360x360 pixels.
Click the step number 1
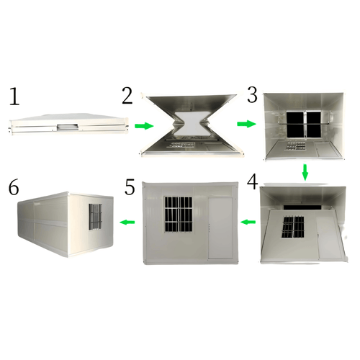14,96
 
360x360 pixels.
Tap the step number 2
127,96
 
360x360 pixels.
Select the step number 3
252,95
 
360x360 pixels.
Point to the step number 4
253,181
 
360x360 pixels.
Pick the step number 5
130,186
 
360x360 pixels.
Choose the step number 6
14,187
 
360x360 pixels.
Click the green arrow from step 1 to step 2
144,126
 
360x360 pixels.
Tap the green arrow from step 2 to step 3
246,124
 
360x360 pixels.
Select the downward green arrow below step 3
305,172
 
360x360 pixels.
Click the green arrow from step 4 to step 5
248,222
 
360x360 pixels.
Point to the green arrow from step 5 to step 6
127,222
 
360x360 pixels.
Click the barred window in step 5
179,215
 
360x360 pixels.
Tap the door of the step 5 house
220,228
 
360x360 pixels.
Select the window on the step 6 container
95,217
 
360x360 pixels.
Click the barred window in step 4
293,228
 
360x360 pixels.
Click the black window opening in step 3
304,124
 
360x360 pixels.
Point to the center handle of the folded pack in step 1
68,127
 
